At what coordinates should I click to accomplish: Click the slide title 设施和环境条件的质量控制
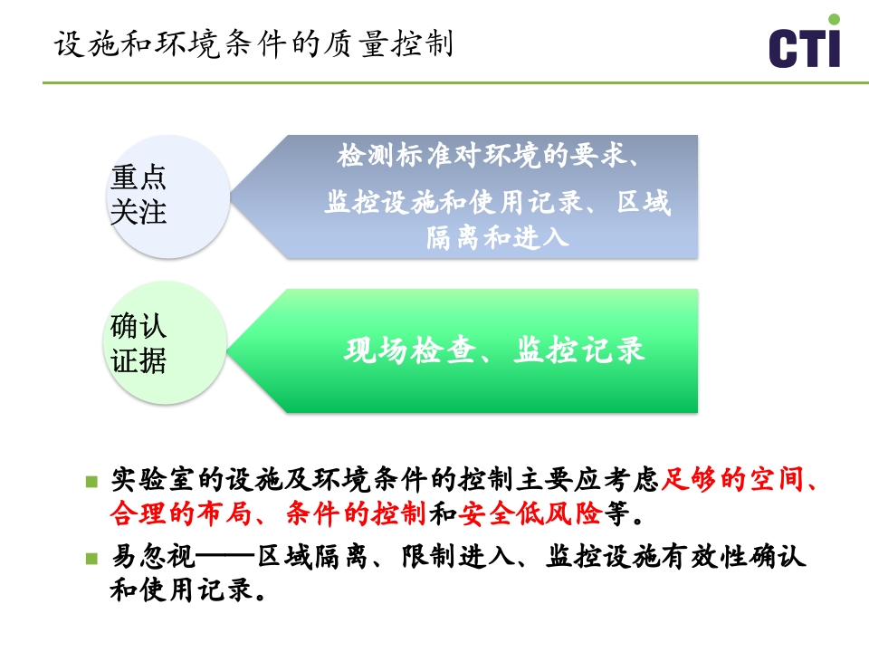click(x=253, y=43)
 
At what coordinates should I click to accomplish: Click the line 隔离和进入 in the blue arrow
click(x=497, y=237)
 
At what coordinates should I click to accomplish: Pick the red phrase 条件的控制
click(x=356, y=514)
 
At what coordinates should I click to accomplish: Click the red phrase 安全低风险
click(x=530, y=514)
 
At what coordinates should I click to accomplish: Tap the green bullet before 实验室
click(x=91, y=481)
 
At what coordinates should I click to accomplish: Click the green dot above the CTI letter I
click(x=834, y=19)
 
